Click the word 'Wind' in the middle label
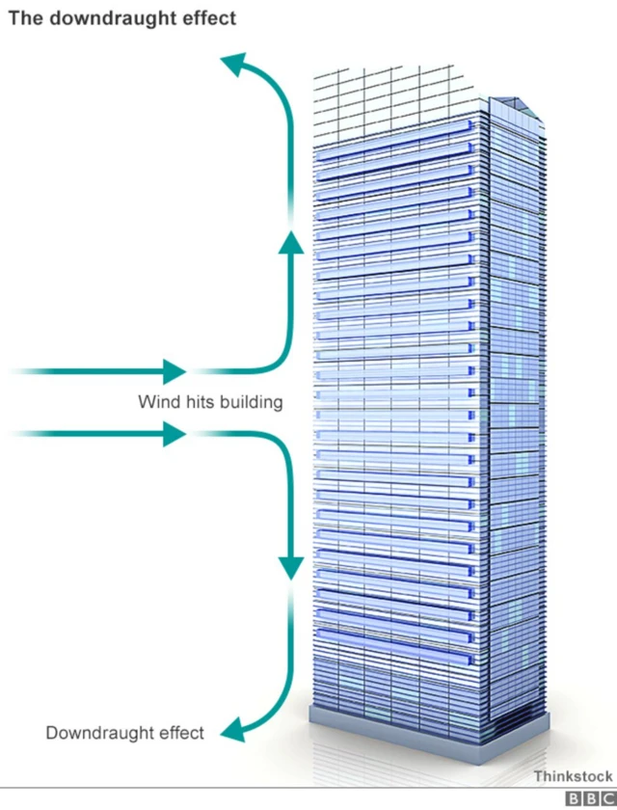click(155, 402)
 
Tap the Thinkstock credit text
click(573, 776)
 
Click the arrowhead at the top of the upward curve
click(232, 65)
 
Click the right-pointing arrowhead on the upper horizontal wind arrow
click(174, 370)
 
